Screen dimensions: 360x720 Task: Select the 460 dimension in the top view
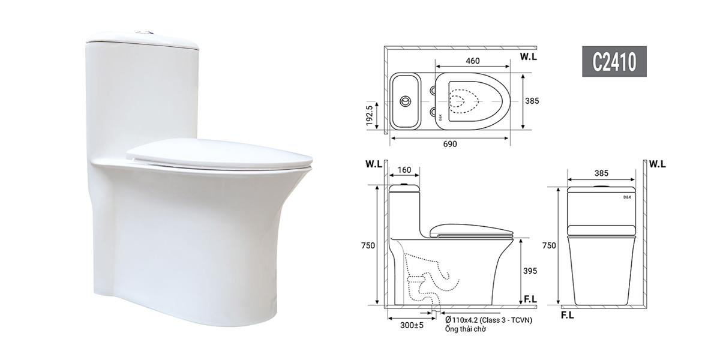(x=472, y=60)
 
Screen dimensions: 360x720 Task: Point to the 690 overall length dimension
(x=450, y=144)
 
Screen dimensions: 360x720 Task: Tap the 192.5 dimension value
(x=376, y=114)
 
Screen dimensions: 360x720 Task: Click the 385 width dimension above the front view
(x=602, y=173)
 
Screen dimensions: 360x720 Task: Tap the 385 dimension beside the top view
(x=532, y=101)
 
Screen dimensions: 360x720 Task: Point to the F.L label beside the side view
(x=530, y=297)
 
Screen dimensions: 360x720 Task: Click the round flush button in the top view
(x=407, y=101)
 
